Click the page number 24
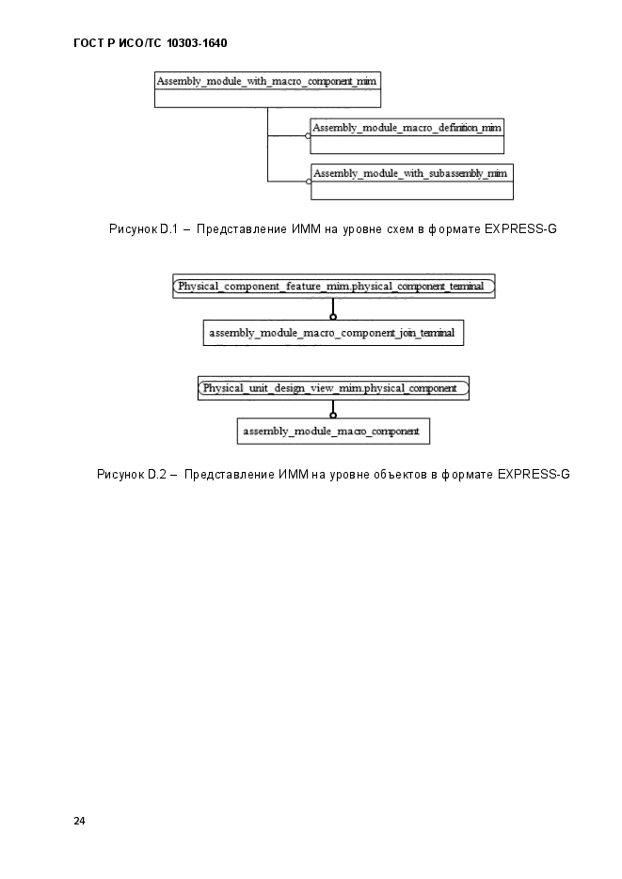click(x=79, y=821)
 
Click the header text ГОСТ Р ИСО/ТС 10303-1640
click(x=151, y=43)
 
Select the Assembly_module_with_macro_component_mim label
click(x=266, y=81)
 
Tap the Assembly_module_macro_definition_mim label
click(x=407, y=128)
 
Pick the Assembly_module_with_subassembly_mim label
click(x=410, y=174)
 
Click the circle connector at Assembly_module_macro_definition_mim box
click(x=308, y=135)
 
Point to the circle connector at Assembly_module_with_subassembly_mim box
click(x=309, y=181)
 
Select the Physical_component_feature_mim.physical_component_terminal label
click(x=331, y=287)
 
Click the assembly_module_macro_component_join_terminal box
click(x=333, y=333)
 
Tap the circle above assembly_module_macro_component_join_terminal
click(x=333, y=317)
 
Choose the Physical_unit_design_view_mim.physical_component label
click(x=329, y=388)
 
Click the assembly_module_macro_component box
click(x=333, y=432)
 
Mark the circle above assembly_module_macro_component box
click(x=333, y=415)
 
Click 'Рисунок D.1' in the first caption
click(x=144, y=228)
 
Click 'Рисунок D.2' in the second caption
click(x=131, y=474)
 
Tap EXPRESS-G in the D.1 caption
click(x=520, y=228)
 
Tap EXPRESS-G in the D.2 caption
click(x=534, y=474)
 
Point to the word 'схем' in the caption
click(x=401, y=229)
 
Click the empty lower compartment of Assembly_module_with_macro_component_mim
click(x=267, y=99)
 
